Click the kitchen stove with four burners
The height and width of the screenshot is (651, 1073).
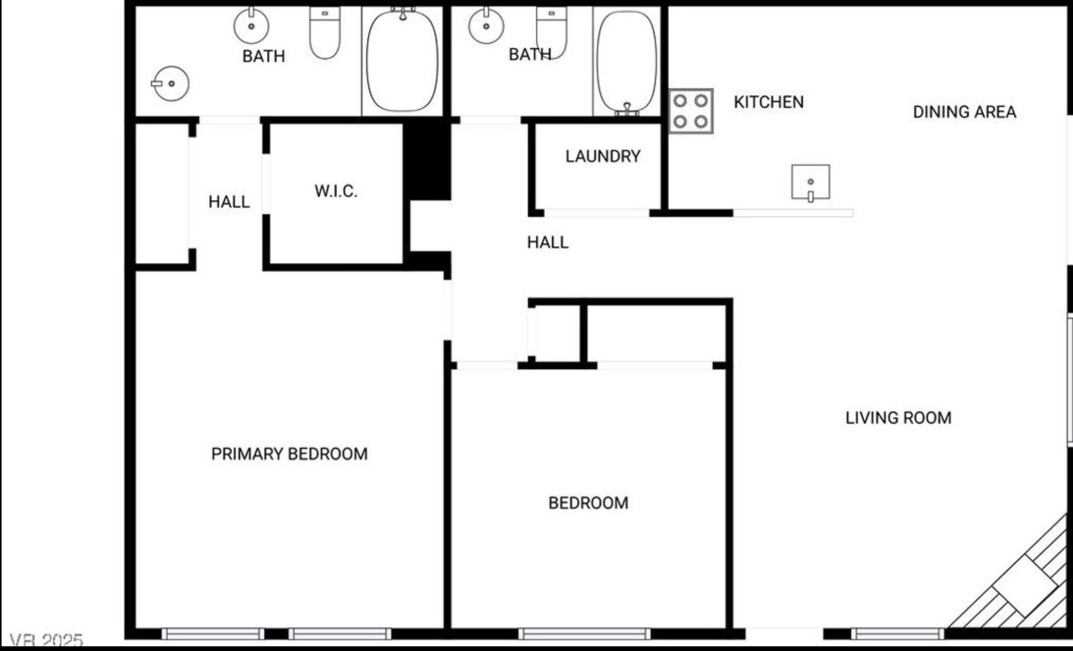(691, 111)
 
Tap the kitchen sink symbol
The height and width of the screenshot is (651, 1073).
(810, 182)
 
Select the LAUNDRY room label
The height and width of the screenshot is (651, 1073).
(603, 156)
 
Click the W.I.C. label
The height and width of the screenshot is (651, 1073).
(336, 191)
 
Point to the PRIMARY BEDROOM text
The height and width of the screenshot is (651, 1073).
(289, 454)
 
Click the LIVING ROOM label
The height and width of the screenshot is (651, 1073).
(898, 418)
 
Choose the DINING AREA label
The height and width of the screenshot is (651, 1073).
(964, 112)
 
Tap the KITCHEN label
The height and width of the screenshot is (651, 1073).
(768, 102)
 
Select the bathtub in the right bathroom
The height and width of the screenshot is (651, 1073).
(627, 62)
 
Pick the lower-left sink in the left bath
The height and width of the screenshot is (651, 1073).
(171, 84)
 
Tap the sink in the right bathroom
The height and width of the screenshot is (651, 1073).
(486, 26)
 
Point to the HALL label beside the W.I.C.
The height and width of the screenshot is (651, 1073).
(228, 201)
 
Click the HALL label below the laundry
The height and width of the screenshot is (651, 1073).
(548, 242)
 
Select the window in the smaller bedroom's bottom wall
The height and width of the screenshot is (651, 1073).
(584, 634)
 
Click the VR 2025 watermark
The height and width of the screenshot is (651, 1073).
(46, 640)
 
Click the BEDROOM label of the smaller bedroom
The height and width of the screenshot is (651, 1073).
(588, 503)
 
